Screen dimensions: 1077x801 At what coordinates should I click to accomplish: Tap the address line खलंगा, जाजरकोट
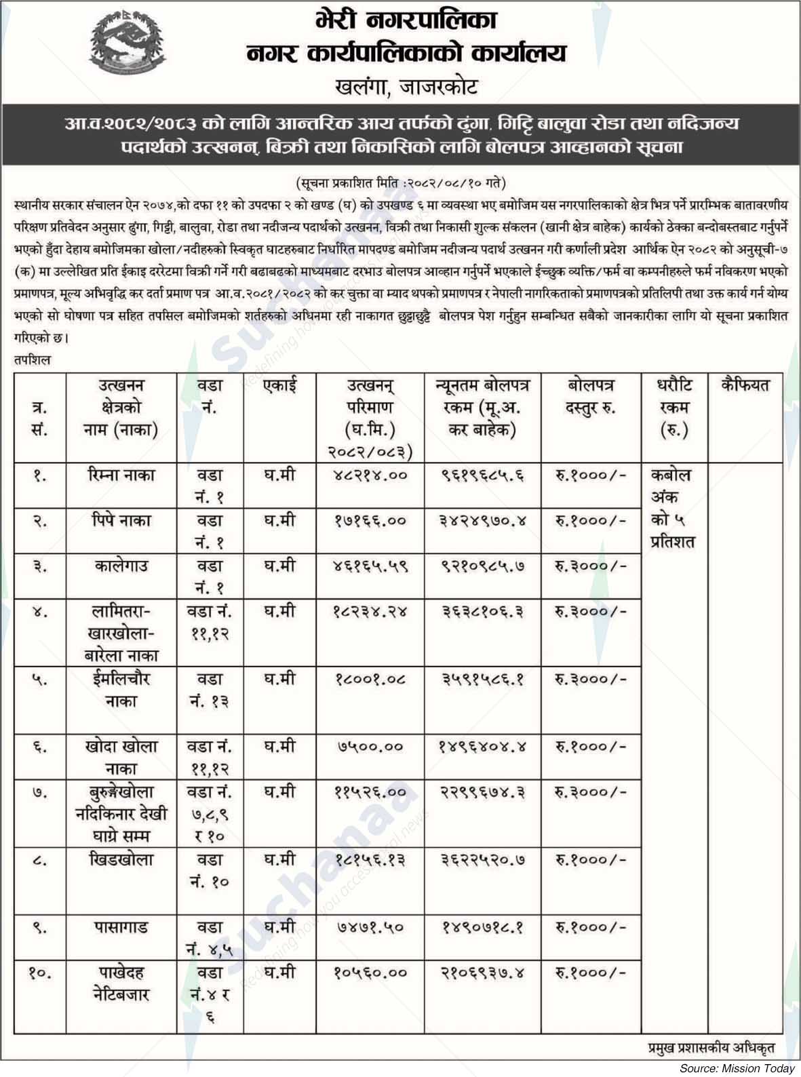[x=406, y=86]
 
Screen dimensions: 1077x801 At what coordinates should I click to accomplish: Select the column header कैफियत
[x=745, y=385]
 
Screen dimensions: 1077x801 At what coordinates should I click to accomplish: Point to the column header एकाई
[x=279, y=385]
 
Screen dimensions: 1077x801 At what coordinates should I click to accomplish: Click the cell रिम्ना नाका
[x=121, y=475]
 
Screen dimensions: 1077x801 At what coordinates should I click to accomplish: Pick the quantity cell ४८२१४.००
[x=370, y=475]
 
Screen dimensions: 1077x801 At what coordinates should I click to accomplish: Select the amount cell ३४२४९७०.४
[x=483, y=521]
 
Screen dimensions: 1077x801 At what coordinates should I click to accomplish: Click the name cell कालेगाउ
[x=121, y=566]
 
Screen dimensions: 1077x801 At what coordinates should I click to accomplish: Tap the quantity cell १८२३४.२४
[x=370, y=611]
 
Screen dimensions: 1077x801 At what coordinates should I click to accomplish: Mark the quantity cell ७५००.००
[x=370, y=747]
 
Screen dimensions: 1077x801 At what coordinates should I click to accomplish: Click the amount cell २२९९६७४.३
[x=483, y=791]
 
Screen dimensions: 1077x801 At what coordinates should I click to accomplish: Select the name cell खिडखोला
[x=121, y=859]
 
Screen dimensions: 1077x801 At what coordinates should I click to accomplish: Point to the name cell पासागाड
[x=121, y=927]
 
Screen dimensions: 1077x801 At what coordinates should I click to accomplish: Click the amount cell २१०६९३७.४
[x=483, y=973]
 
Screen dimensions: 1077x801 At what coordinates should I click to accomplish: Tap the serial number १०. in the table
[x=39, y=973]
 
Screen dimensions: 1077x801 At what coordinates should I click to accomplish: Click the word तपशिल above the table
[x=32, y=361]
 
